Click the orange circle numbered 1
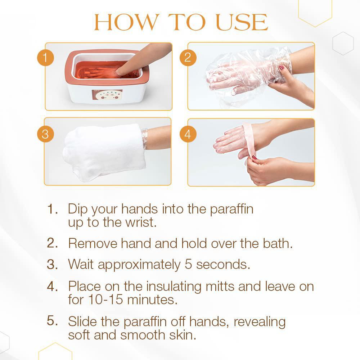point(45,58)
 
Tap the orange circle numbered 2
point(188,58)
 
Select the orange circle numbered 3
point(45,134)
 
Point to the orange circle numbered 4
point(188,134)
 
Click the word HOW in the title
point(127,22)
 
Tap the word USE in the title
point(242,22)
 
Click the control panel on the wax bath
point(107,95)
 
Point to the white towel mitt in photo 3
point(104,152)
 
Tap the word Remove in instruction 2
point(93,243)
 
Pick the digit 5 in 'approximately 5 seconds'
point(188,264)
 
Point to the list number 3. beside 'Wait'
point(52,264)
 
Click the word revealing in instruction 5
point(260,322)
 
